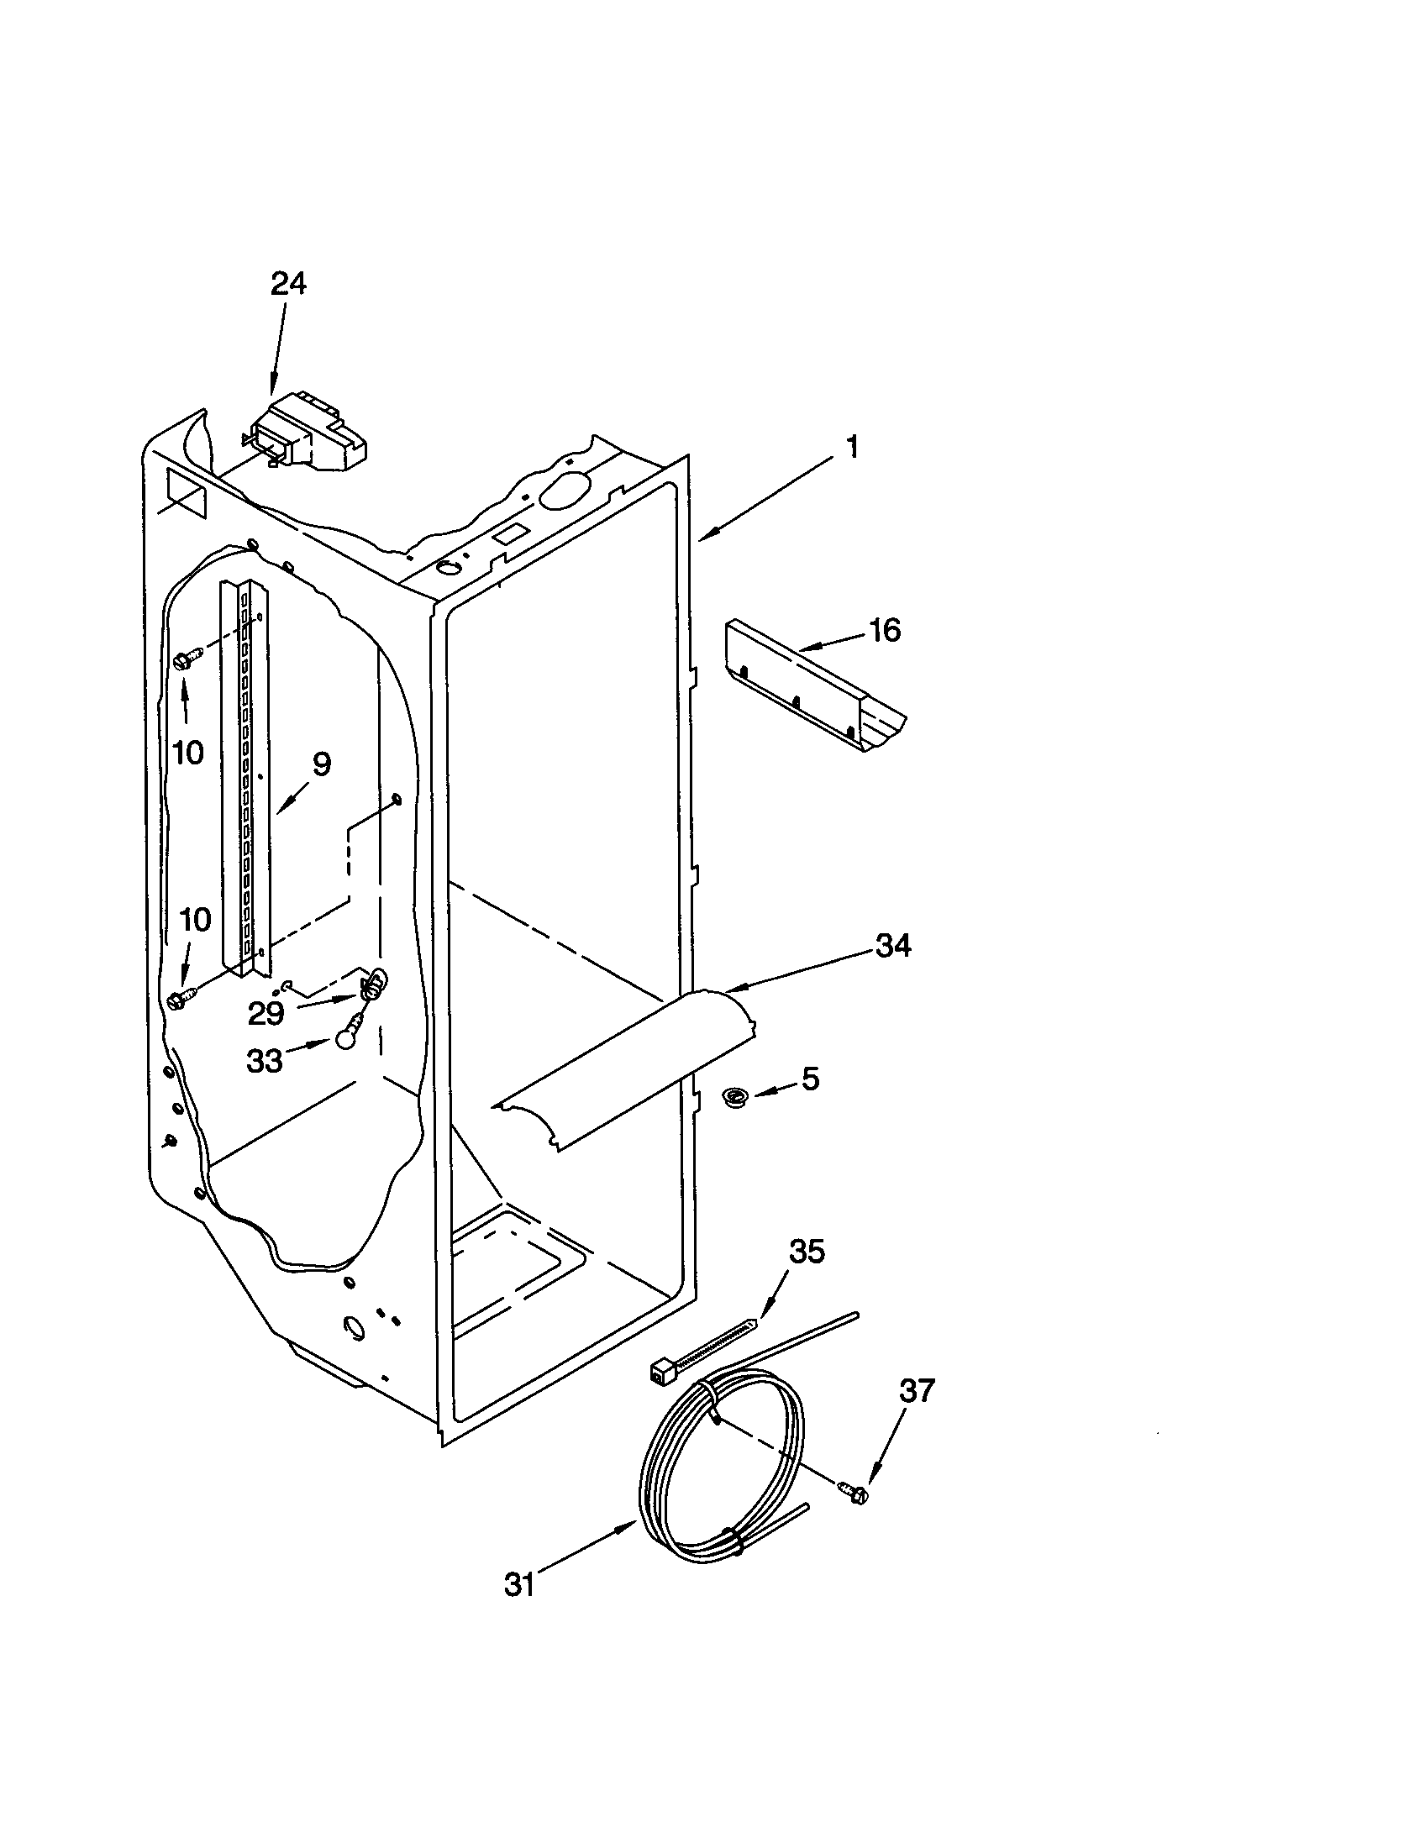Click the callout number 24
[287, 283]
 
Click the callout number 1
[853, 447]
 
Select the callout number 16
[885, 630]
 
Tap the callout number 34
[893, 946]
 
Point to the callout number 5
[811, 1079]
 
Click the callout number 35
[806, 1252]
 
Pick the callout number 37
[917, 1391]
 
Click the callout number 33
[264, 1061]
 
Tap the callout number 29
[266, 1014]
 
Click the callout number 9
[321, 764]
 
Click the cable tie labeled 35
[702, 1352]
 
